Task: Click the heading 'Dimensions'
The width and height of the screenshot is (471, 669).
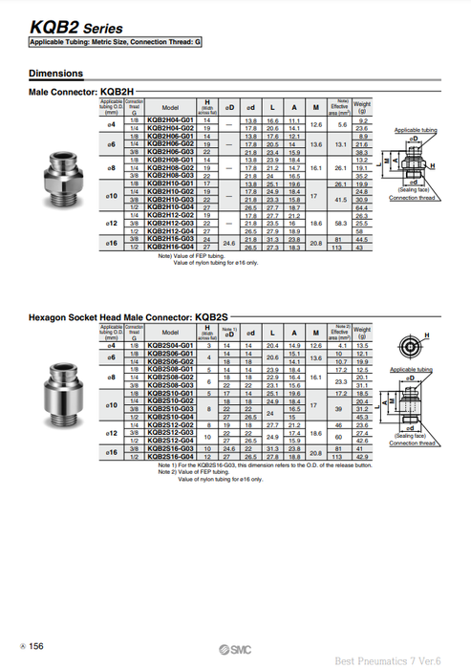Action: point(55,73)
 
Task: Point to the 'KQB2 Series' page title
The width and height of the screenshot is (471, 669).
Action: point(72,29)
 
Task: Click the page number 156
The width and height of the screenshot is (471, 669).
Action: point(35,647)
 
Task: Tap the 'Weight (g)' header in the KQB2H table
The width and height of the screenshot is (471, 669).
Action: point(362,106)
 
